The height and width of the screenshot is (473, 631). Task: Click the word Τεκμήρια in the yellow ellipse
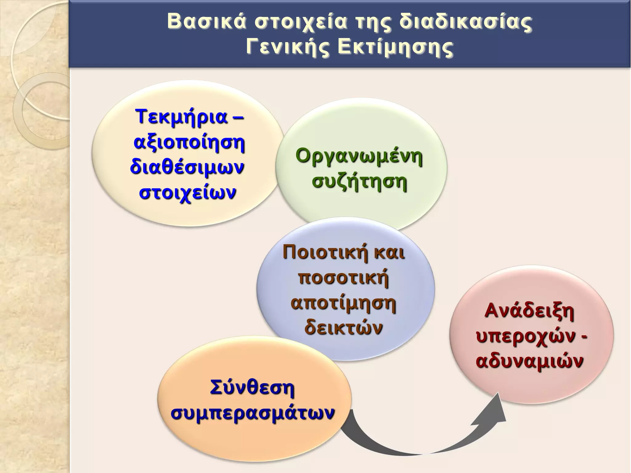[x=181, y=117]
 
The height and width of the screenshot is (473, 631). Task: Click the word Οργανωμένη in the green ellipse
[x=359, y=156]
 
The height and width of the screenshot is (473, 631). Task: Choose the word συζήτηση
[x=359, y=181]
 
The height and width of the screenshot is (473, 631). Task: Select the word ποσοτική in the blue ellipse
[x=344, y=278]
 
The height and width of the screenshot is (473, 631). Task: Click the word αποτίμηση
[x=344, y=304]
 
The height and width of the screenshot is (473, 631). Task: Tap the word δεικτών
[x=344, y=328]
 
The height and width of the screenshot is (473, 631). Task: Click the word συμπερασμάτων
[x=252, y=413]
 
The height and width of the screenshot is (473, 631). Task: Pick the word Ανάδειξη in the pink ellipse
[x=529, y=311]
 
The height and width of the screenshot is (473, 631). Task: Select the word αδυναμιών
[x=529, y=361]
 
